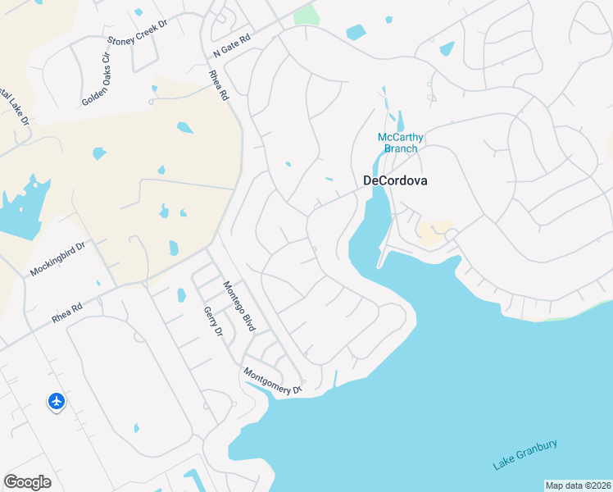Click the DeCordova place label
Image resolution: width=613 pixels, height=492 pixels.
point(395,181)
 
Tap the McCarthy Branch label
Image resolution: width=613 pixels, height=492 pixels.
point(400,143)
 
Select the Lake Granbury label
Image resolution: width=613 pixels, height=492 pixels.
point(525,455)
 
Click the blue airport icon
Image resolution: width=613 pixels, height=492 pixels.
point(57,402)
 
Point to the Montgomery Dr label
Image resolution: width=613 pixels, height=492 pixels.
point(273,381)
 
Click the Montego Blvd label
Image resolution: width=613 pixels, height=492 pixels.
point(240,306)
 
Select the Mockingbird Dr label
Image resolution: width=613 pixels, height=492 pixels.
point(58,258)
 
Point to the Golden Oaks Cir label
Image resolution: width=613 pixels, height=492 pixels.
point(95,80)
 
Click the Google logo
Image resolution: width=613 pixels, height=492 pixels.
point(27,482)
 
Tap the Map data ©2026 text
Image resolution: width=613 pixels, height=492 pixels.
point(578,485)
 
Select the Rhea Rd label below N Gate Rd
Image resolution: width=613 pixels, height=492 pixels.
point(218,84)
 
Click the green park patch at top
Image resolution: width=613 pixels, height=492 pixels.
point(305,14)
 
